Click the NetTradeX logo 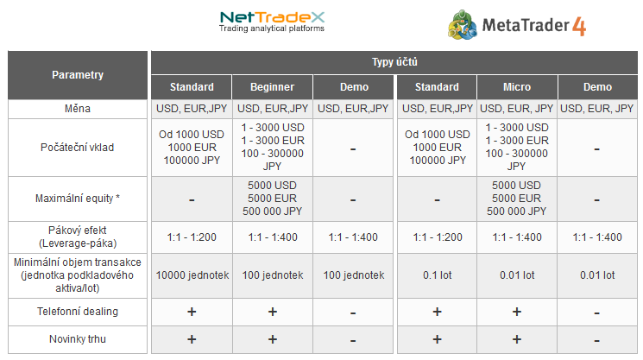tap(272, 22)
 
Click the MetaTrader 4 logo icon tap(463, 25)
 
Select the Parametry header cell tap(78, 75)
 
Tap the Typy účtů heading tap(394, 62)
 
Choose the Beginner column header tap(272, 87)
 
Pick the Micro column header tap(517, 87)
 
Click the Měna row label tap(78, 109)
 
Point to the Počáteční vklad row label tap(78, 148)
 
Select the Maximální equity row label tap(78, 199)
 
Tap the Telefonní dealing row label tap(78, 312)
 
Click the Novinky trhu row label tap(78, 339)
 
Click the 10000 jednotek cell tap(192, 275)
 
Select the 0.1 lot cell tap(437, 275)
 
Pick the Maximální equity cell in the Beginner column tap(272, 199)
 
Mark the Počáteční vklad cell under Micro tap(517, 148)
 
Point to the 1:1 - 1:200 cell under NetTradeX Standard tap(192, 237)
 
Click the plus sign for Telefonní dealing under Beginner tap(273, 312)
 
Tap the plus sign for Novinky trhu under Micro tap(517, 339)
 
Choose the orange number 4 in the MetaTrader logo tap(579, 27)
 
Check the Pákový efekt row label tap(78, 237)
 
